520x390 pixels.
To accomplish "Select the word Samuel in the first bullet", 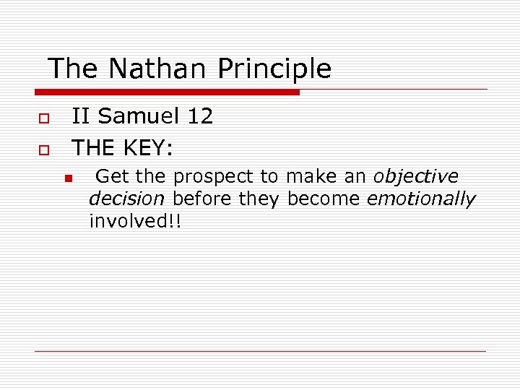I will [x=138, y=116].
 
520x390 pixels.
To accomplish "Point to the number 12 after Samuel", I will [x=199, y=116].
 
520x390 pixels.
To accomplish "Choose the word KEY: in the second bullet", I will [x=147, y=148].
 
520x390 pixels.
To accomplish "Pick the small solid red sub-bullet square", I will [x=67, y=178].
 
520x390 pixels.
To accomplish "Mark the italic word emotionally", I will [x=421, y=199].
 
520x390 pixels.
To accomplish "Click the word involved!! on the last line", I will [x=135, y=220].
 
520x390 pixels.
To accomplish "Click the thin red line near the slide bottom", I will [x=260, y=351].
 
